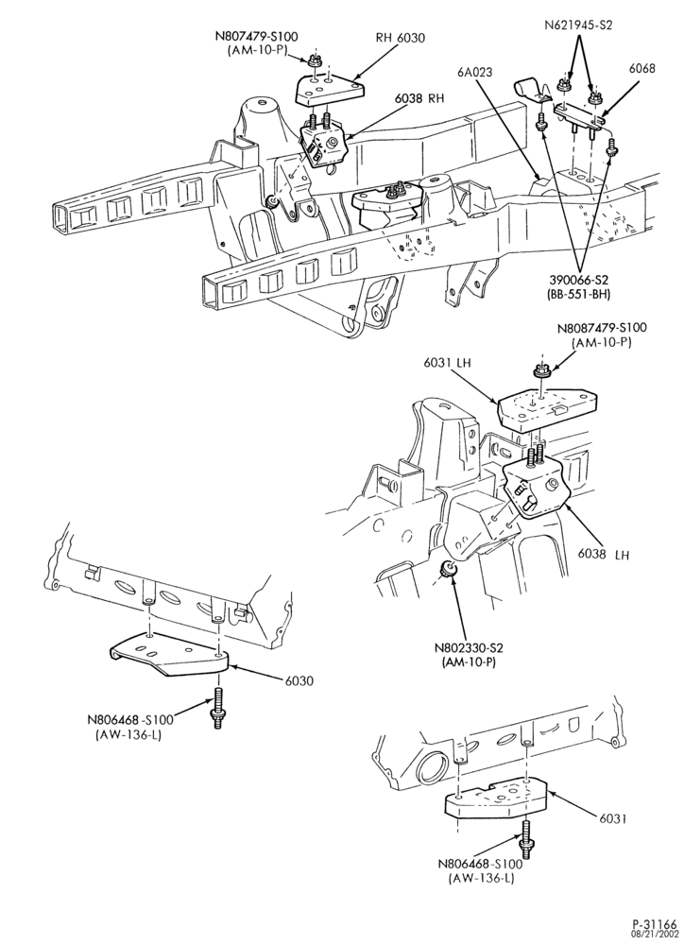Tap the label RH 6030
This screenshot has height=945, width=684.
tap(401, 38)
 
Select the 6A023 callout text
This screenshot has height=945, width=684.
tap(475, 73)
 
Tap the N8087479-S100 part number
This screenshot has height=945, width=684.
tap(602, 329)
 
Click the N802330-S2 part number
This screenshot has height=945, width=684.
tap(469, 648)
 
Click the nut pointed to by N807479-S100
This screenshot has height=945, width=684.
tap(313, 60)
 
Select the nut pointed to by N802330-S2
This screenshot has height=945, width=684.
tap(448, 569)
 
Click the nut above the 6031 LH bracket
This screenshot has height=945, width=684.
tap(540, 371)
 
